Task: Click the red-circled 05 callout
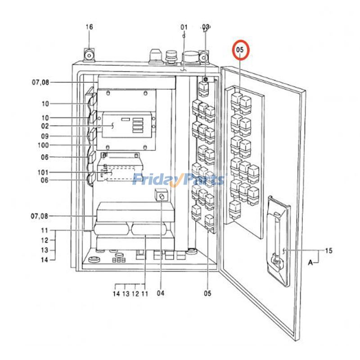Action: (240, 50)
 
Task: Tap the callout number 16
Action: (89, 27)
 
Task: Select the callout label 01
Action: (184, 27)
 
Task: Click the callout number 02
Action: (45, 126)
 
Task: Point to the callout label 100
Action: (43, 145)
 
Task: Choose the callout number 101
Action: (43, 172)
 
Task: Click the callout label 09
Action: (45, 136)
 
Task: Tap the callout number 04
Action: (161, 293)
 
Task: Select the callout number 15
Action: (328, 251)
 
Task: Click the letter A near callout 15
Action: (310, 262)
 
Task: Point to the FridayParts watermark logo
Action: (179, 180)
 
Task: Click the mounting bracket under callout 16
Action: (89, 55)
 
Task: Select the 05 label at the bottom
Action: (207, 293)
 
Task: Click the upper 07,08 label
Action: (40, 82)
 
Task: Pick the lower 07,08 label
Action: (40, 216)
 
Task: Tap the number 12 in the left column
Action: (45, 240)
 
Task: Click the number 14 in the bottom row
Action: (117, 293)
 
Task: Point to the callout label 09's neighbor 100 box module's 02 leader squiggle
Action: (112, 126)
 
